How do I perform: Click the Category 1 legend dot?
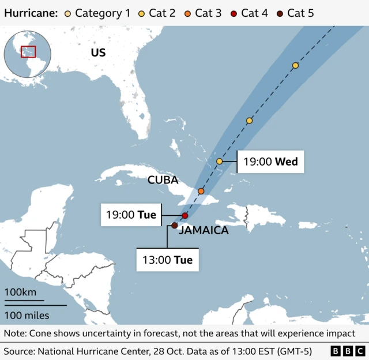point(69,13)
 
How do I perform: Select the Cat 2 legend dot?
point(141,13)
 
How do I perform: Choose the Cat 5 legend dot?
point(281,13)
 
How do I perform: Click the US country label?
point(98,53)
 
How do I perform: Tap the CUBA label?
point(163,180)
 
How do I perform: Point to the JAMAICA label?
point(204,231)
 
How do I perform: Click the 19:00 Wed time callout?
point(270,162)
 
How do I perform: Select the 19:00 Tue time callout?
point(131,215)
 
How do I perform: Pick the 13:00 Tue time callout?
point(167,260)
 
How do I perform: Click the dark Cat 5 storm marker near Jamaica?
point(174,226)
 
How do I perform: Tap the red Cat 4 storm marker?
point(184,216)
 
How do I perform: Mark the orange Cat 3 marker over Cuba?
point(201,191)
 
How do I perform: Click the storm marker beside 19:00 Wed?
point(220,161)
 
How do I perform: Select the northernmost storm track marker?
point(295,66)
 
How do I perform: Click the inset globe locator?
point(27,52)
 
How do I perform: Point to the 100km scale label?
point(20,292)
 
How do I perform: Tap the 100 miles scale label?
point(27,315)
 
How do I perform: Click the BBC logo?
point(347,350)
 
